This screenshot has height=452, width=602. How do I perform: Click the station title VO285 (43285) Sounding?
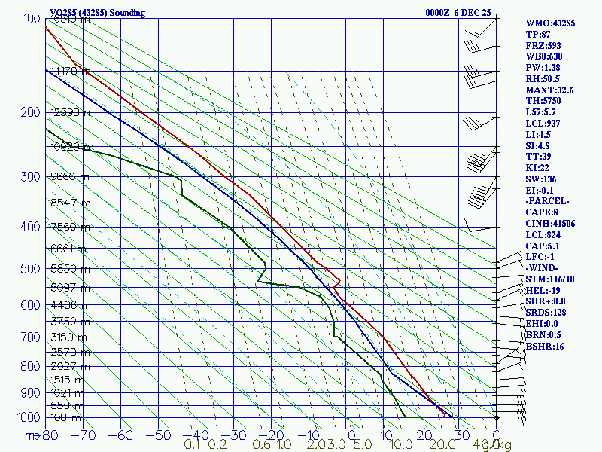[97, 13]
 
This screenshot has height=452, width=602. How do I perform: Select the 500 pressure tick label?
[28, 269]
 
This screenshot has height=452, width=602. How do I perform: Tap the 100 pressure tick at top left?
[31, 19]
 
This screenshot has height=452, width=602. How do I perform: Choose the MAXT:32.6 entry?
[549, 90]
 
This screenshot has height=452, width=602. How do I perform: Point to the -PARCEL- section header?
[548, 201]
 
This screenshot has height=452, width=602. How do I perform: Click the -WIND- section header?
[543, 267]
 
